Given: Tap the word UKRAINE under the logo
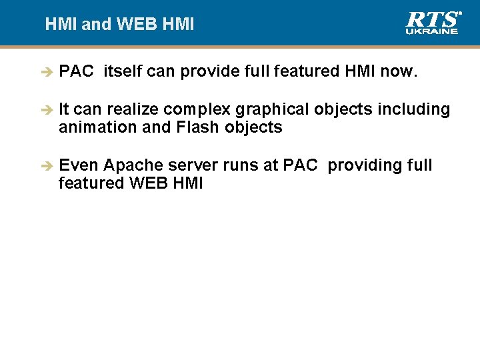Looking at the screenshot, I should click(432, 31).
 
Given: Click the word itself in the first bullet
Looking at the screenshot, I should click(122, 71).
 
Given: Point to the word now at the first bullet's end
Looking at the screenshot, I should click(399, 71).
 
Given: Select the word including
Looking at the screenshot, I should click(414, 109).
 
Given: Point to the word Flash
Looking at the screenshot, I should click(197, 127).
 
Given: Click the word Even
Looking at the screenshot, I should click(79, 165).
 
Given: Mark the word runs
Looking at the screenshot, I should click(239, 165).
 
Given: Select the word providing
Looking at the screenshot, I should click(360, 165).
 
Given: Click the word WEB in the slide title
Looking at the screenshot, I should click(137, 25).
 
